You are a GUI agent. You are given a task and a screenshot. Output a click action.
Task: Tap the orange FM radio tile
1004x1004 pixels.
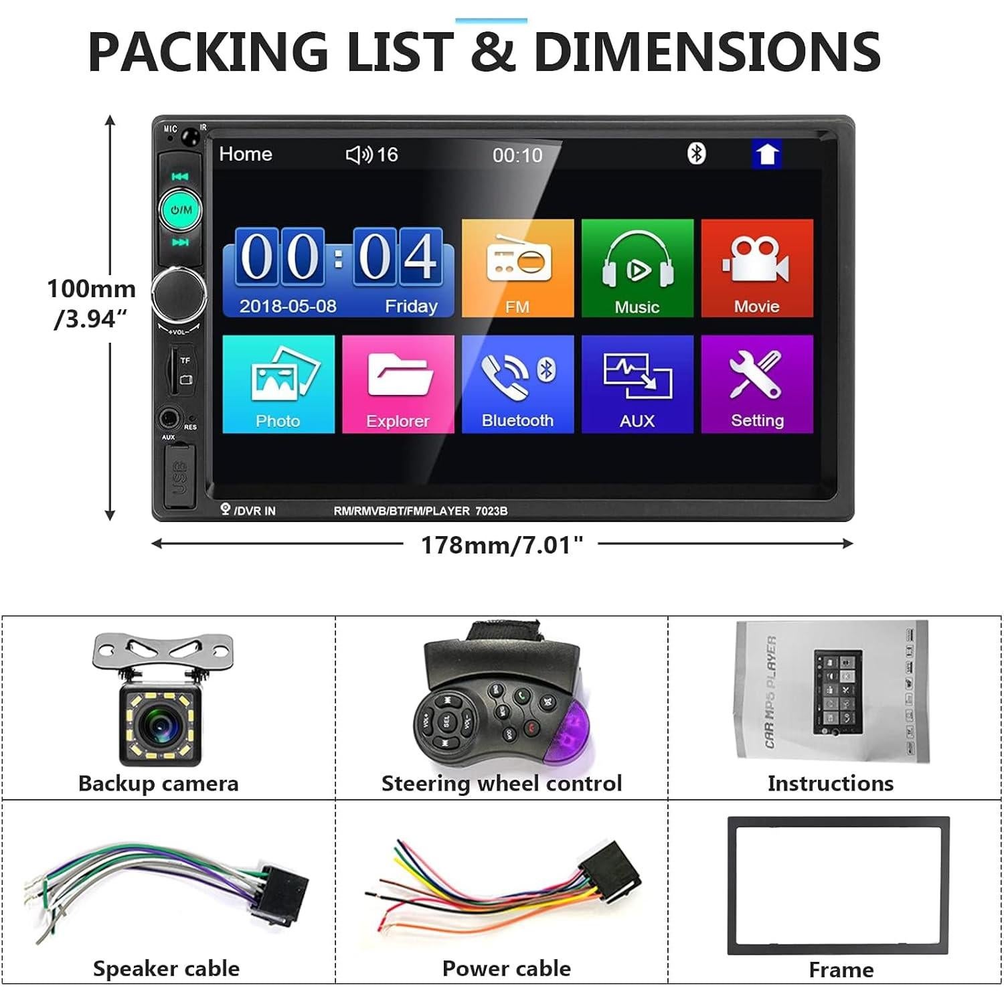[517, 268]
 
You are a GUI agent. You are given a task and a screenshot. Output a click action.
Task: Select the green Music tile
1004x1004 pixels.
[637, 268]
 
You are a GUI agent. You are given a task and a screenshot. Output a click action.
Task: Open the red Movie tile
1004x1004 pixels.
[757, 268]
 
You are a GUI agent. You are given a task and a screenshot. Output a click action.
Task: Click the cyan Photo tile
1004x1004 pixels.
[278, 384]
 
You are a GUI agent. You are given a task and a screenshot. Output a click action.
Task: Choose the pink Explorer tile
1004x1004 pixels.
[398, 384]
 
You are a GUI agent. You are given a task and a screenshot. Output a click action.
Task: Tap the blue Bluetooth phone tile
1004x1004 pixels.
[517, 384]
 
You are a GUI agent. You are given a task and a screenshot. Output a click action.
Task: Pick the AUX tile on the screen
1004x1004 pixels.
[637, 384]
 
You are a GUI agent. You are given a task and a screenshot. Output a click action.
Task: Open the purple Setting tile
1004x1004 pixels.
[757, 384]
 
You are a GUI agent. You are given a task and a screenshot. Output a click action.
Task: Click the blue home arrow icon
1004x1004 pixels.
[766, 155]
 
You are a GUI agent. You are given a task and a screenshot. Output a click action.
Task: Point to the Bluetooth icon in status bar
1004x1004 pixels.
[697, 154]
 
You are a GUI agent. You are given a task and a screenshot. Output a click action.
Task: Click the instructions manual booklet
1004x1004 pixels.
[831, 691]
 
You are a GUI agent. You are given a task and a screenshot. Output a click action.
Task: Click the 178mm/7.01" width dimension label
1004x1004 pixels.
[501, 545]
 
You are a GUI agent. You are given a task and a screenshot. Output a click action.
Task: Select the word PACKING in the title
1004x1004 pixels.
[207, 52]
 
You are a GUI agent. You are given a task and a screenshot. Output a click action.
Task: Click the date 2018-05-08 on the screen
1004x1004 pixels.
[288, 306]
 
